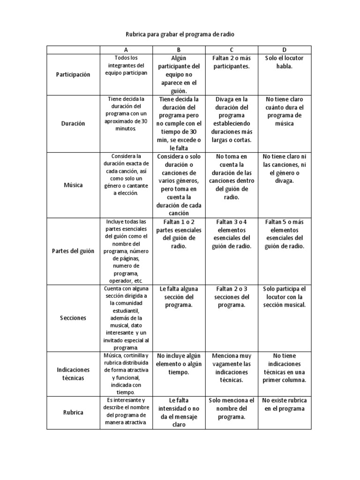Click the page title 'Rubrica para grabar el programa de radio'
click(180, 35)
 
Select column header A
click(126, 50)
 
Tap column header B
click(179, 50)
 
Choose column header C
click(232, 50)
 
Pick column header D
click(285, 50)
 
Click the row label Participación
click(73, 75)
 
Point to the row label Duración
click(73, 124)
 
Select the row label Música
click(73, 185)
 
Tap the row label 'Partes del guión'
click(73, 251)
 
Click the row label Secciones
click(73, 318)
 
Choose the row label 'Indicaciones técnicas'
click(73, 374)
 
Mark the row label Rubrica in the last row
click(73, 412)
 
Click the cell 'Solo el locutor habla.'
click(285, 62)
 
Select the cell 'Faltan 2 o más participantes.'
click(232, 62)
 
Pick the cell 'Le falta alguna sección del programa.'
click(179, 297)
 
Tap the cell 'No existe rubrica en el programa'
click(285, 405)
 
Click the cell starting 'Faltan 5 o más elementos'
click(285, 234)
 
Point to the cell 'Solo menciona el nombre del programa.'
click(232, 409)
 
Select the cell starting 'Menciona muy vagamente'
click(232, 368)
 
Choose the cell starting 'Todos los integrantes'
click(126, 66)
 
